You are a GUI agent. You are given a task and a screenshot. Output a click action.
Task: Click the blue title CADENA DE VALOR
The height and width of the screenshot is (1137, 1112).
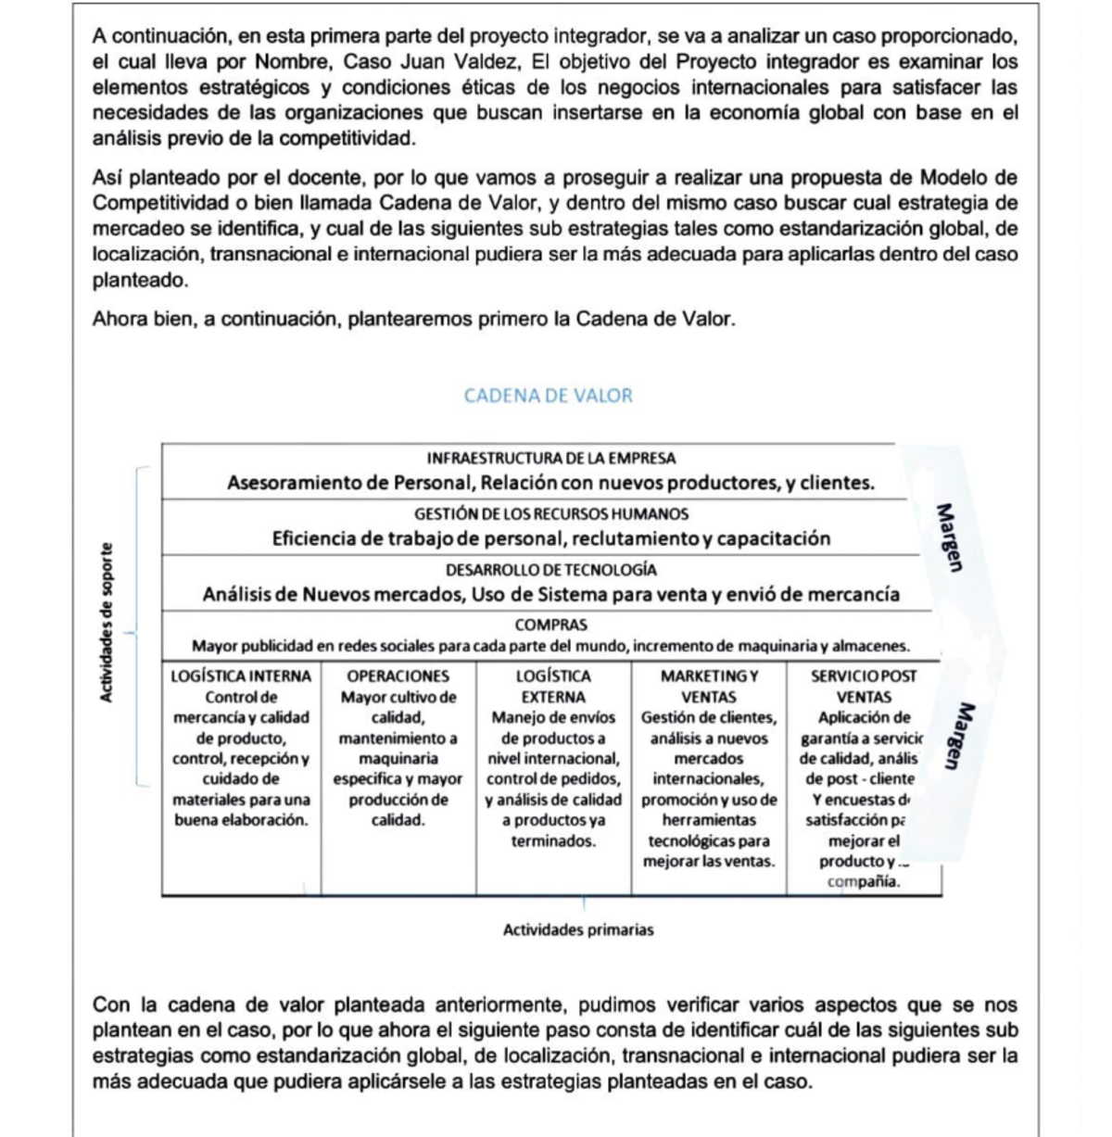point(548,396)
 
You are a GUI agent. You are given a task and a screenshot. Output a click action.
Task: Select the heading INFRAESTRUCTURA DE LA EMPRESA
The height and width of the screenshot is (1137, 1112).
point(550,458)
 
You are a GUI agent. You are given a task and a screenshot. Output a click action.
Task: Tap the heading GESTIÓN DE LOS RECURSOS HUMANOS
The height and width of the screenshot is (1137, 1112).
point(550,513)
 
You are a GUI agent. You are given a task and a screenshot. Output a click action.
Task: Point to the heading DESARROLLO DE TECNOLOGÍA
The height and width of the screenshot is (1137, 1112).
point(550,570)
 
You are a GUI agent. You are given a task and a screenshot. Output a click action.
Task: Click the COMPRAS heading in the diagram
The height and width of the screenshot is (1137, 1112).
point(550,625)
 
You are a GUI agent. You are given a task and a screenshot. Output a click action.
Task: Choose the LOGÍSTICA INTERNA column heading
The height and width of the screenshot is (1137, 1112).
point(241,676)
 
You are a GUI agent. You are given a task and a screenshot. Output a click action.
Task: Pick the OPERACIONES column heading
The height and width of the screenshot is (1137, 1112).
point(398,676)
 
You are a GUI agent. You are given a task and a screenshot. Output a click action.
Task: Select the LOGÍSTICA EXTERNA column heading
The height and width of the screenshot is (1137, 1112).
point(553,687)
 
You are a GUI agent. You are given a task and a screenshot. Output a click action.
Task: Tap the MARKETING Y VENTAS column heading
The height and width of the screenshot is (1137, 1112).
point(708,687)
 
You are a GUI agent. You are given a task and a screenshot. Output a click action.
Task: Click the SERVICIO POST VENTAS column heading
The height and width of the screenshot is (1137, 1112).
point(863,687)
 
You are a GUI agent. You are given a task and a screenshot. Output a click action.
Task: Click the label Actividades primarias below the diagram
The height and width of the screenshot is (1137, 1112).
point(577,929)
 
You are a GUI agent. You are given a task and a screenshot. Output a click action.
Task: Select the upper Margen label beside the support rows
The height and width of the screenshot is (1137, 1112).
point(946,537)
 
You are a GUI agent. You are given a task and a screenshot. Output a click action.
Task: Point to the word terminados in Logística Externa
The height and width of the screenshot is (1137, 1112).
point(553,840)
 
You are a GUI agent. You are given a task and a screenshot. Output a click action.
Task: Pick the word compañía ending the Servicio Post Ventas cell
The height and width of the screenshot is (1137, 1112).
point(863,881)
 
